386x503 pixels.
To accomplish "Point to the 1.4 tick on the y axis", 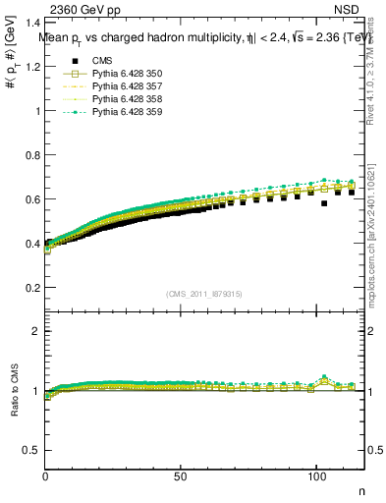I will (31, 22).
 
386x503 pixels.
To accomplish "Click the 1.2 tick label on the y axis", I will (31, 66).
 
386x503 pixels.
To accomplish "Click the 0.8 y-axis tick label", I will (31, 154).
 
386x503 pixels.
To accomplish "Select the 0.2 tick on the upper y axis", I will (31, 287).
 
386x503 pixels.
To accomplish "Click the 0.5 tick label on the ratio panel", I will (31, 450).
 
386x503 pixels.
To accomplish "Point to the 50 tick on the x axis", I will (181, 475).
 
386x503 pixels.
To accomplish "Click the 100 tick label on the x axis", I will (315, 475).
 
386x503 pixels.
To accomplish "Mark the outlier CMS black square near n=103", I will (324, 203).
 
